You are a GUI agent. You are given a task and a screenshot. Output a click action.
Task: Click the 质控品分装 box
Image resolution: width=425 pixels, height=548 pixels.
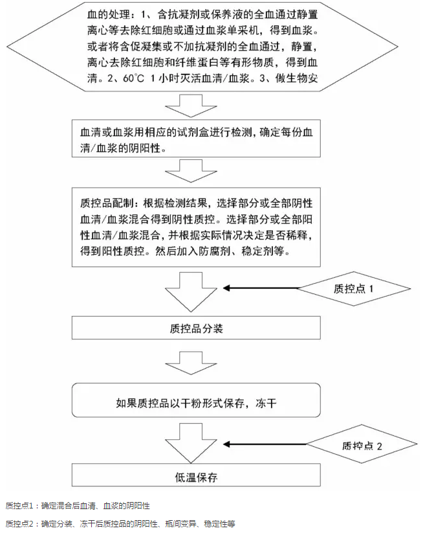[x=196, y=328]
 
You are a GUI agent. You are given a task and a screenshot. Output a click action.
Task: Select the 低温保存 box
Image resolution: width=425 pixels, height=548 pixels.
[x=196, y=475]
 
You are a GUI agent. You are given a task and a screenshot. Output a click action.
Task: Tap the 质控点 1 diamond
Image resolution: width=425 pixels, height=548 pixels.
[x=353, y=289]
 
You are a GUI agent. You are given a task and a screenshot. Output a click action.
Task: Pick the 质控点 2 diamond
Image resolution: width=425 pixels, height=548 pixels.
[x=362, y=444]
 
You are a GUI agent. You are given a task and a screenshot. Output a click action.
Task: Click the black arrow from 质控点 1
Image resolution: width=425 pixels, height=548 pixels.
[x=261, y=288]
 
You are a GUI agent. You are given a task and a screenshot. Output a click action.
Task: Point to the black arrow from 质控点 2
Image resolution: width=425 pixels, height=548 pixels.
[x=265, y=444]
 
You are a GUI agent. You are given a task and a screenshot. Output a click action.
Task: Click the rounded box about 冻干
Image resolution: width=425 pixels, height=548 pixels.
[x=196, y=400]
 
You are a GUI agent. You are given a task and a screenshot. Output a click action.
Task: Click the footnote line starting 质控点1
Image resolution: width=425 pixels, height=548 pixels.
[x=78, y=506]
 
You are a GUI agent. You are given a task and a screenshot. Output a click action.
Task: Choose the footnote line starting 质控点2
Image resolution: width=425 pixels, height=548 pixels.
[x=120, y=524]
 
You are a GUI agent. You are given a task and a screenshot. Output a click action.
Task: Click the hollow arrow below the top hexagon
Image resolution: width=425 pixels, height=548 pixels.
[x=191, y=105]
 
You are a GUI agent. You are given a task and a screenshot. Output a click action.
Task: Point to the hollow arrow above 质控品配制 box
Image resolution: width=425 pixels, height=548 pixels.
[x=191, y=171]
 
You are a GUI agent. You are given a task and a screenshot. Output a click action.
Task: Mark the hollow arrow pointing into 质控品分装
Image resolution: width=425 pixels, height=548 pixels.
[x=191, y=292]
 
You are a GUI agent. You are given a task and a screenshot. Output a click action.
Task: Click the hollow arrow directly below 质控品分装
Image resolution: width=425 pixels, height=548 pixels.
[x=191, y=363]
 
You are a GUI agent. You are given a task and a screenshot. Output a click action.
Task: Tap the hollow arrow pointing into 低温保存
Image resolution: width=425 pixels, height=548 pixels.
[x=191, y=443]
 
